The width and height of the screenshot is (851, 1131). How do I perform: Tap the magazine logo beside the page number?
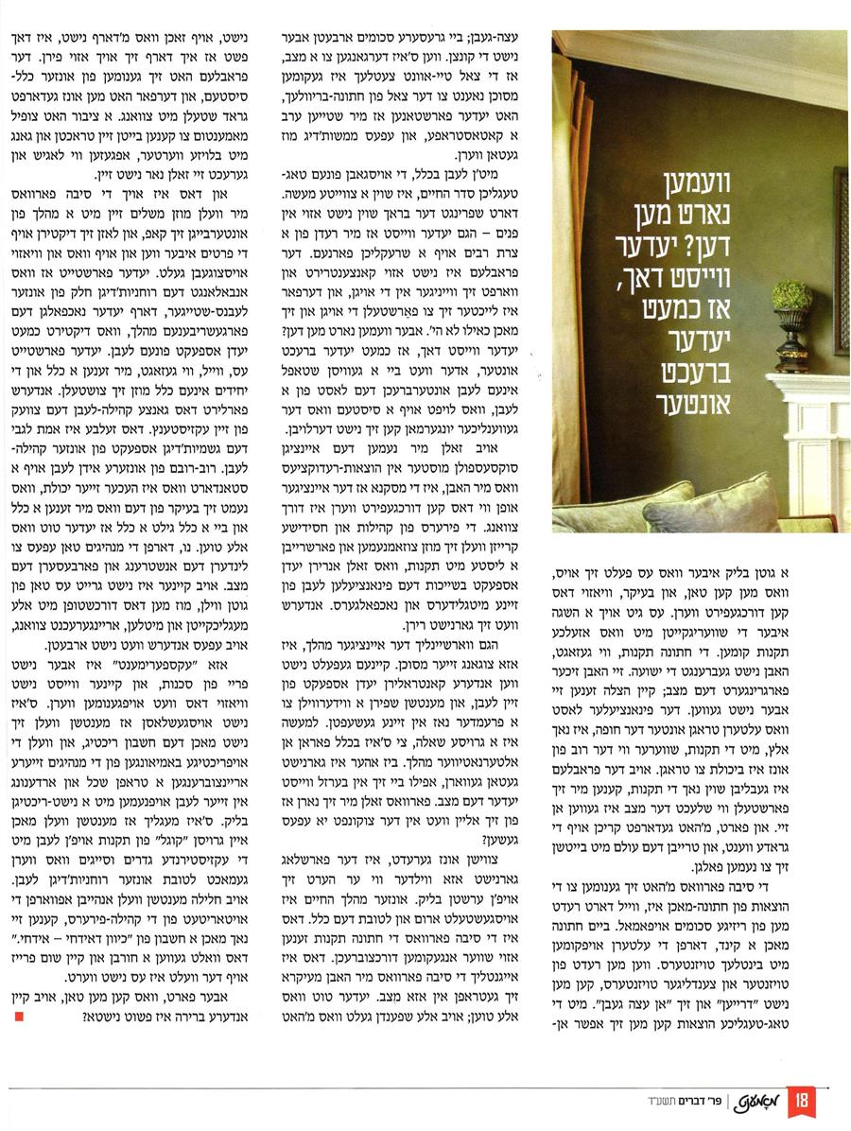click(779, 1102)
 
